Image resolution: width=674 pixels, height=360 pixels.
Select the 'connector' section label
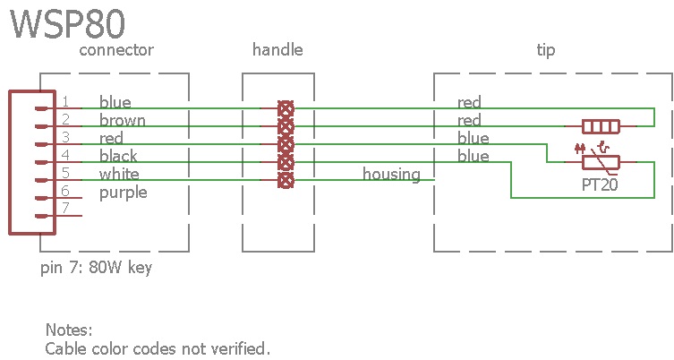[116, 50]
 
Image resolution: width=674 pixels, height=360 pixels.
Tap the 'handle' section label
[277, 50]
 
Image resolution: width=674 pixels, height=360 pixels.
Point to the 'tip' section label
[545, 50]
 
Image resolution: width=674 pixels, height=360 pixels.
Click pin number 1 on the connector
[65, 102]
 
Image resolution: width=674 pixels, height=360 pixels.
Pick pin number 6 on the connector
[65, 192]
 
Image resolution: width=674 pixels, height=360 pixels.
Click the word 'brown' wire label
[123, 121]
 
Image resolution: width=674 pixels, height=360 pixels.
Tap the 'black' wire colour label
[119, 157]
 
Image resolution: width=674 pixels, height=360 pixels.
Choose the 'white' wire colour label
[119, 174]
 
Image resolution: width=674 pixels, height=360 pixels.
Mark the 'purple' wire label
[124, 193]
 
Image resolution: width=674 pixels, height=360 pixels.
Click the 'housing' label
[391, 174]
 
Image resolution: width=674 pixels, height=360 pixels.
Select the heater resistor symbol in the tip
[601, 126]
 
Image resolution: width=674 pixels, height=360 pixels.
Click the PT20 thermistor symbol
[601, 161]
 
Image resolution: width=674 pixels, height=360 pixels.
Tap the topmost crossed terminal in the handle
[286, 108]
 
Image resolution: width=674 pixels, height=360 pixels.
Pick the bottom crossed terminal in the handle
[286, 180]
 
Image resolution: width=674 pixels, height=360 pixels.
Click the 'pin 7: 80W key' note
[96, 268]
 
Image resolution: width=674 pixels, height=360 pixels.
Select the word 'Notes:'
[69, 330]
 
